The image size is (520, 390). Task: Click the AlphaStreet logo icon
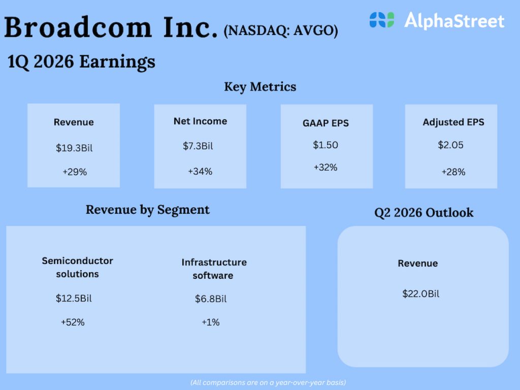(381, 20)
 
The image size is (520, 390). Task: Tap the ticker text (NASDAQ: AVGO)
(281, 31)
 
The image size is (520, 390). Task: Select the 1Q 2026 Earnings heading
(81, 62)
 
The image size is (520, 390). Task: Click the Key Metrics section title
(260, 87)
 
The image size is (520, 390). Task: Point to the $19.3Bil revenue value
(74, 148)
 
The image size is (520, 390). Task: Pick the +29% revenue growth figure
(75, 172)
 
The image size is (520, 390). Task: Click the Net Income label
(200, 121)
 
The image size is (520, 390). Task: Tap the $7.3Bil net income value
(198, 146)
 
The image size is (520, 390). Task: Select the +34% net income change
(200, 172)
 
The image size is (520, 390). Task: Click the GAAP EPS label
(326, 123)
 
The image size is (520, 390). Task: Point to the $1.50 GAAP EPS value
(326, 145)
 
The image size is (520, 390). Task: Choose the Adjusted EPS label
(453, 122)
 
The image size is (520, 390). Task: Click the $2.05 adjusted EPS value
(451, 145)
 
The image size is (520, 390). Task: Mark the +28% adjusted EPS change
(453, 172)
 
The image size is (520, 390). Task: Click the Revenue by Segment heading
(147, 210)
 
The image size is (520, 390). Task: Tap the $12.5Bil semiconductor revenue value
(74, 298)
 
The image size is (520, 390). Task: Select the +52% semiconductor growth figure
(72, 322)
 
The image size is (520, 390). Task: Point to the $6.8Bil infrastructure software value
(211, 299)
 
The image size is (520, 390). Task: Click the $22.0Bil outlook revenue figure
(420, 294)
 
